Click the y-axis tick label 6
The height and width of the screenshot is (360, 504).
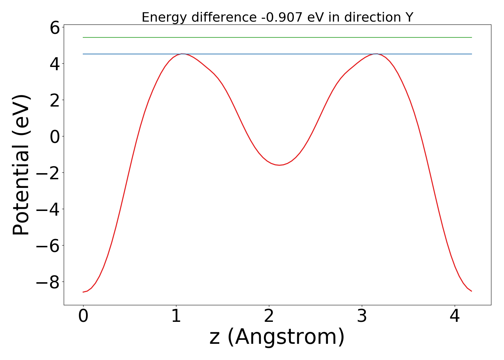(55, 28)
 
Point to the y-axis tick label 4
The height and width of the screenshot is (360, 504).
(55, 64)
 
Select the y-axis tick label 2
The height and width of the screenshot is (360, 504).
(55, 100)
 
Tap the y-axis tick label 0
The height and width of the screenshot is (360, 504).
(55, 137)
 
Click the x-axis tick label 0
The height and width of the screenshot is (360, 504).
(83, 317)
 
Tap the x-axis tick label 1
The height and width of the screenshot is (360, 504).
(176, 317)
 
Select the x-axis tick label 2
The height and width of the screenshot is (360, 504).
(269, 317)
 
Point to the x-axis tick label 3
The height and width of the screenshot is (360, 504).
(362, 317)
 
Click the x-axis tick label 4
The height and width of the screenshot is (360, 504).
(455, 317)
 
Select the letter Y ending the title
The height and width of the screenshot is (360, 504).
(409, 17)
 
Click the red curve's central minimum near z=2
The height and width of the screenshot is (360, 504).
(279, 165)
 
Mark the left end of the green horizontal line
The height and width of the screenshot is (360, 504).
(84, 37)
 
